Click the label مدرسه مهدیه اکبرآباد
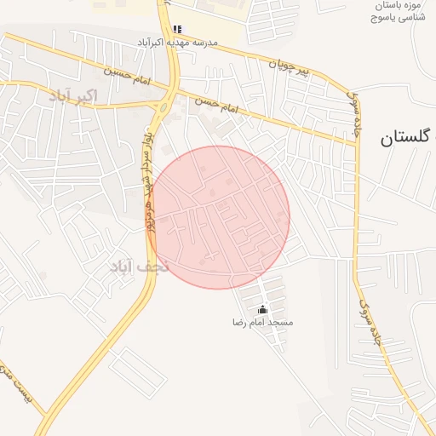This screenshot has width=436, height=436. pyautogui.click(x=178, y=42)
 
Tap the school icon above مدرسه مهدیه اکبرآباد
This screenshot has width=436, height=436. pyautogui.click(x=177, y=29)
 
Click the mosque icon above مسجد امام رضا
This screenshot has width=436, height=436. pyautogui.click(x=262, y=309)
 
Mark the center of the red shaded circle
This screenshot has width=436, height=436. pyautogui.click(x=218, y=217)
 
